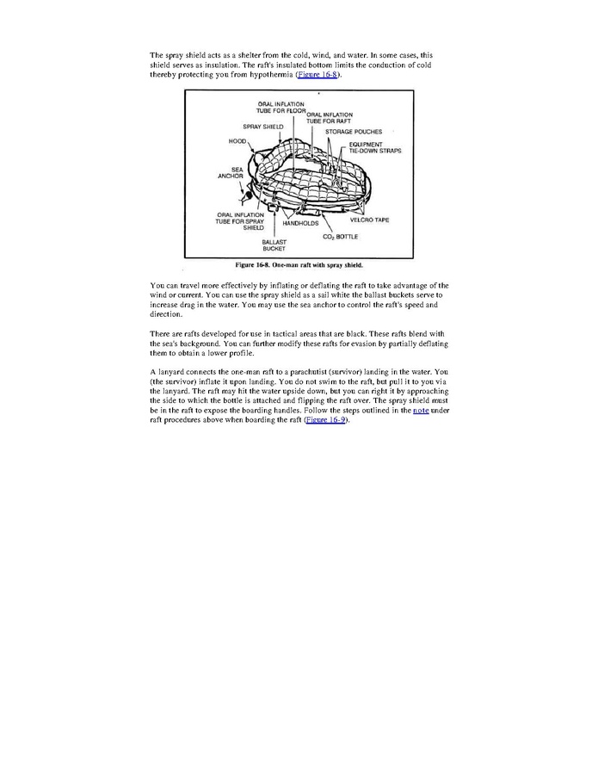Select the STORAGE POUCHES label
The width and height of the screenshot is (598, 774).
click(x=353, y=131)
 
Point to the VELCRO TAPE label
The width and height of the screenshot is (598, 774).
click(x=369, y=220)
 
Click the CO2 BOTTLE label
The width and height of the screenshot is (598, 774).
click(x=341, y=235)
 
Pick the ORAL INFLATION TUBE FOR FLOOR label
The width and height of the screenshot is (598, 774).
click(x=279, y=108)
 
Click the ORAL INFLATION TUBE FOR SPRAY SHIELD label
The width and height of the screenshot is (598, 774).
click(x=240, y=221)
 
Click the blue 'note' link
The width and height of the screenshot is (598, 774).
click(x=420, y=411)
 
